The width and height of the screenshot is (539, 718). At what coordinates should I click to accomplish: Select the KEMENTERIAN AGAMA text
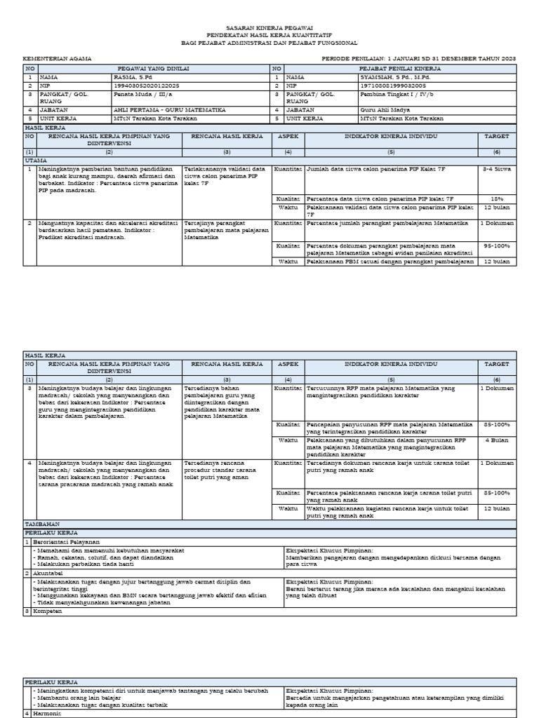coord(57,59)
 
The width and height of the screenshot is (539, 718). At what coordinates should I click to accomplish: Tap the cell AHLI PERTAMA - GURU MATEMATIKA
coord(169,110)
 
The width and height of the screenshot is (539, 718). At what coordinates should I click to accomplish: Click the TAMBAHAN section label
coord(43,524)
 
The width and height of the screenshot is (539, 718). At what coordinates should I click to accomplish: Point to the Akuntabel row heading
coord(47,573)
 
